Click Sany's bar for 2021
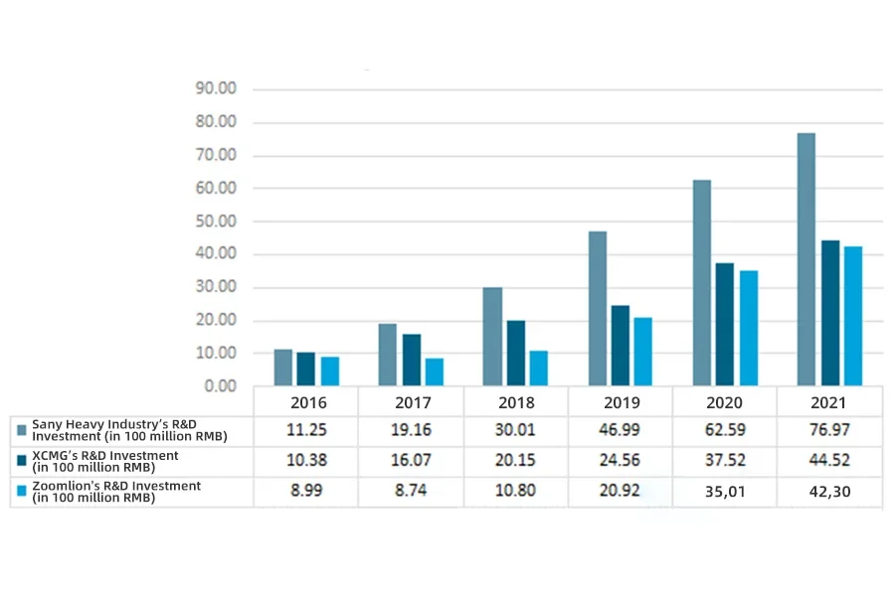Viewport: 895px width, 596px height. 806,259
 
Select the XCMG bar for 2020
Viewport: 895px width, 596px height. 725,324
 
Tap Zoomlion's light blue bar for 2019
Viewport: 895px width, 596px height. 643,352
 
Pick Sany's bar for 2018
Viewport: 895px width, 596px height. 492,337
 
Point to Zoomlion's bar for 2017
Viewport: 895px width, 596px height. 434,372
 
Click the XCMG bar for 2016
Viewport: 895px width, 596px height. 305,369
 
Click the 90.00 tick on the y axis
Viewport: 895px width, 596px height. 217,88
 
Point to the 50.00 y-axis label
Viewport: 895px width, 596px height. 217,221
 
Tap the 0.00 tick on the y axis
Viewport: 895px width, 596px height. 221,385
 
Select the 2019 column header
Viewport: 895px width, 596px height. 622,402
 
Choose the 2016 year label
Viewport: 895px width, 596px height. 306,402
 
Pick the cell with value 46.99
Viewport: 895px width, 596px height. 622,431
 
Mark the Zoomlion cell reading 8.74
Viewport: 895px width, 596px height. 411,492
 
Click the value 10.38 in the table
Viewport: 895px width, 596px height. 306,462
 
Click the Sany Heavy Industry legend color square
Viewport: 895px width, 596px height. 21,430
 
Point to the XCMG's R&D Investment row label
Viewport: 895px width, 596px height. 105,461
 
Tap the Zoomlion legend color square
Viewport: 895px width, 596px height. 21,491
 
